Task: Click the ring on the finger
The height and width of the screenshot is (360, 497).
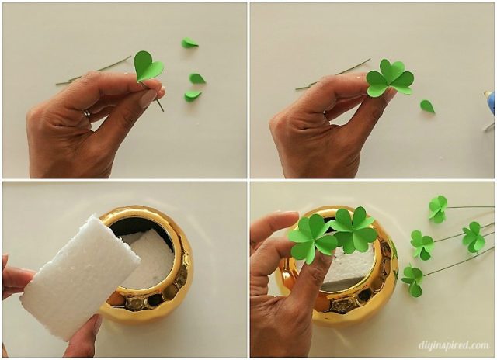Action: (86, 113)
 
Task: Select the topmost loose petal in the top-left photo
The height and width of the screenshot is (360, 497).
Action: (189, 43)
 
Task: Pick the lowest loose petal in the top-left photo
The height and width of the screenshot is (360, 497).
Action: (192, 95)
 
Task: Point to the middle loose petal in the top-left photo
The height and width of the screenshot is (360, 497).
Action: (197, 78)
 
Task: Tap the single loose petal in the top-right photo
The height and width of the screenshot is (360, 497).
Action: (427, 106)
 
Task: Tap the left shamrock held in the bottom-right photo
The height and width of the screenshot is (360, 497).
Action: (312, 238)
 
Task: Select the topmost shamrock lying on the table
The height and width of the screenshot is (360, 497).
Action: (438, 207)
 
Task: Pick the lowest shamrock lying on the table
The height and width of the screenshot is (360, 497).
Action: (412, 279)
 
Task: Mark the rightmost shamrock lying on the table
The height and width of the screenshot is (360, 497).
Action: (473, 237)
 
